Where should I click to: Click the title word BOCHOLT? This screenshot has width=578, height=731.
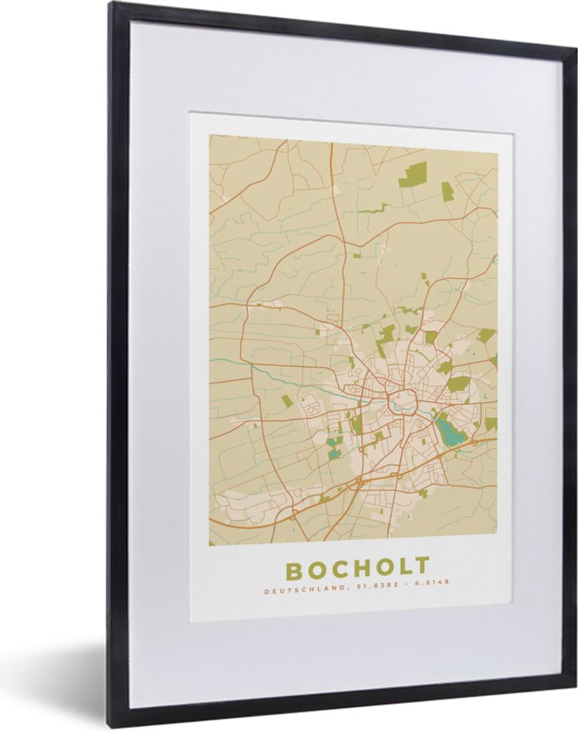coord(358,569)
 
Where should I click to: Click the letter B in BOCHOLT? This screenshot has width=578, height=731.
coord(295,569)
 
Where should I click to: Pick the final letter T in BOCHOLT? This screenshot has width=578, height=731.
coord(422,567)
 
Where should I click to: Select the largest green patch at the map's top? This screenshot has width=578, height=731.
coord(412,173)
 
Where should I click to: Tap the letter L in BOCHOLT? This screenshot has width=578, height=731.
coord(403,568)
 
